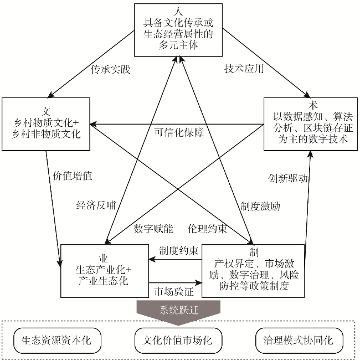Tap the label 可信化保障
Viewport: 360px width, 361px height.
pos(178,132)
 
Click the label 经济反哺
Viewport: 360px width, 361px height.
pos(95,205)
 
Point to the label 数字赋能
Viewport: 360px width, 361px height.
pos(153,228)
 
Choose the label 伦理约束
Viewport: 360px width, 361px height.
pos(207,228)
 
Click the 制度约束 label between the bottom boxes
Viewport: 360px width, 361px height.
pos(178,250)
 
